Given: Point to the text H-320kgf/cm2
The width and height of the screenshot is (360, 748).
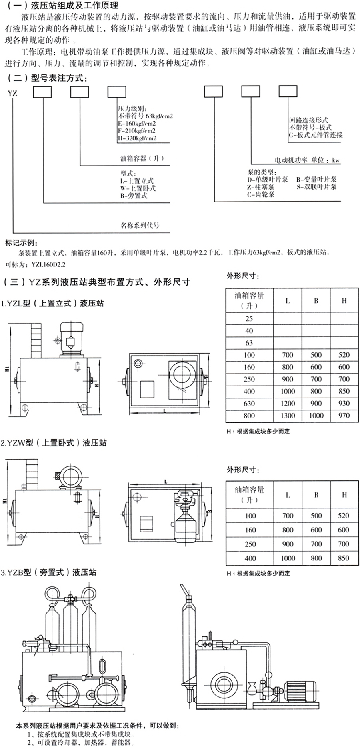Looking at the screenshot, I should click(x=137, y=138).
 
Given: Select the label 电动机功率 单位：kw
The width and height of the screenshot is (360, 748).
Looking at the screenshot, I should click(x=307, y=160).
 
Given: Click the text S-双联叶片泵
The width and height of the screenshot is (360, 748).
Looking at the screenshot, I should click(x=316, y=186).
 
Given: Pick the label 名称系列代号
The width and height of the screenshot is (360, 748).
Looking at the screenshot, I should click(x=140, y=225).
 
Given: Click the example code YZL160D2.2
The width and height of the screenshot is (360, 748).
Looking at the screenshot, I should click(x=46, y=264).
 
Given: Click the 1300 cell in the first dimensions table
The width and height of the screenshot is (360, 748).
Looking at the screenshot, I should click(x=288, y=416).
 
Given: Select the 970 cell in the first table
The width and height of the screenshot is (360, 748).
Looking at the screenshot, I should click(x=344, y=416).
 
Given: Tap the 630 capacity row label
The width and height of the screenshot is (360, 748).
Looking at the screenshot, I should click(x=249, y=403).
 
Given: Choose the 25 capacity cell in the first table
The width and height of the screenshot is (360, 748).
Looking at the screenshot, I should click(x=249, y=319).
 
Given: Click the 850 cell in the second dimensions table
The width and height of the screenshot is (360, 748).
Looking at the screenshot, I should click(x=344, y=558).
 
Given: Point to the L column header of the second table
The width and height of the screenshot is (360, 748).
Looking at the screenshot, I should click(x=288, y=495).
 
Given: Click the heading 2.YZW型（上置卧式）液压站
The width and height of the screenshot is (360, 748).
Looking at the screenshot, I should click(x=54, y=443).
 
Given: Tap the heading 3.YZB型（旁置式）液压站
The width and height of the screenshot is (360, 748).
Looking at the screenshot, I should click(x=48, y=572).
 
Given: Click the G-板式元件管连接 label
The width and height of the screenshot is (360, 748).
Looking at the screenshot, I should click(x=316, y=135).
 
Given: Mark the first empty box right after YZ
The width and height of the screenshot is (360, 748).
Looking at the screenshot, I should click(x=42, y=92).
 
